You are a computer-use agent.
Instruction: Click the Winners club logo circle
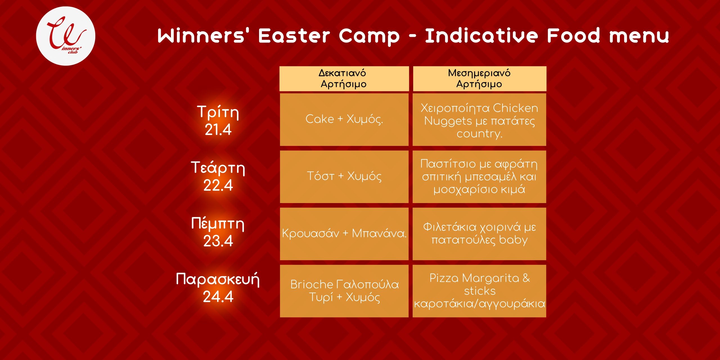tap(66, 36)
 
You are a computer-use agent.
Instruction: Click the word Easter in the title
tap(294, 36)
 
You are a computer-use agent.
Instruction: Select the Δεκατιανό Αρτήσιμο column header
tap(344, 79)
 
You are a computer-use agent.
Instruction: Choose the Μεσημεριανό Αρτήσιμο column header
tap(480, 79)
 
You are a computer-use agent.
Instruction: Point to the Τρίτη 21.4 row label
tap(218, 120)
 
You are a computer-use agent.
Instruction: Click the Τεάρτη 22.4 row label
tap(218, 176)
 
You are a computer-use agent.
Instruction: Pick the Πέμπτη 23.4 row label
tap(218, 232)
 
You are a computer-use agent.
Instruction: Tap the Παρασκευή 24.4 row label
tap(218, 288)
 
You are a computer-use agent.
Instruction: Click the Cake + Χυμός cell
tap(344, 120)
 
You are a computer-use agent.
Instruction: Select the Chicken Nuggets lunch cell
tap(480, 120)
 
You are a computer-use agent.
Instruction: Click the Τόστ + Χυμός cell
tap(344, 177)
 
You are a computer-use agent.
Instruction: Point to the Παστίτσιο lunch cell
tap(480, 177)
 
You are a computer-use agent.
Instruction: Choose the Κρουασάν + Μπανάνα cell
tap(344, 234)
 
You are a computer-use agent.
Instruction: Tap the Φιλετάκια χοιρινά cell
tap(480, 234)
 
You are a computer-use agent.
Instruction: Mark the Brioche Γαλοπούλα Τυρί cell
tap(344, 291)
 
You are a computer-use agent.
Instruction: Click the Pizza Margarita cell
tap(480, 291)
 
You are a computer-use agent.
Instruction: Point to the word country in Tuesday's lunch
tap(480, 134)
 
